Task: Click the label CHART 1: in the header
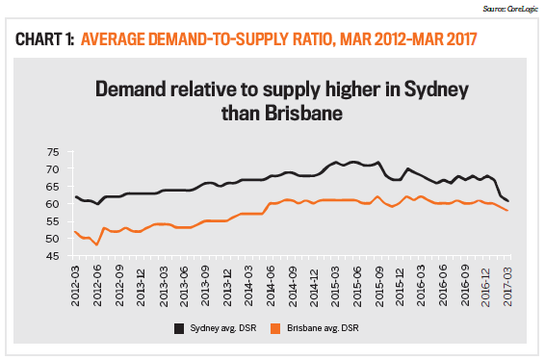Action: click(x=42, y=39)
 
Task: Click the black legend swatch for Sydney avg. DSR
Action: click(x=180, y=330)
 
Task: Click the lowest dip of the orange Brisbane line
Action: click(x=97, y=244)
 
